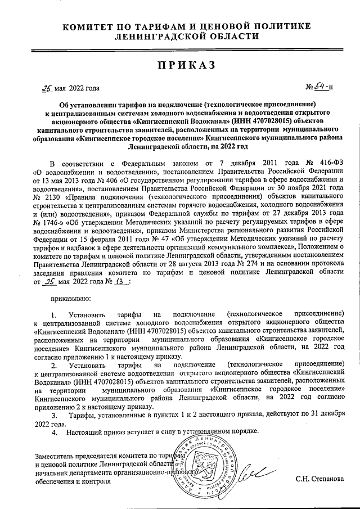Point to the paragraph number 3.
[54, 415]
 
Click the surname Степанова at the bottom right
[327, 479]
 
